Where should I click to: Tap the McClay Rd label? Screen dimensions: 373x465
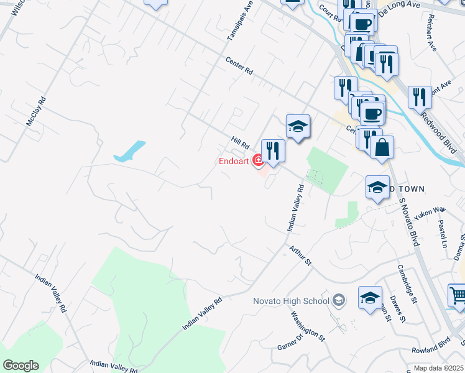pyautogui.click(x=36, y=111)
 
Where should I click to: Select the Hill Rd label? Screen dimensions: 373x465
pyautogui.click(x=240, y=144)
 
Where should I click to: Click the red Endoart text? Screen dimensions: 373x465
pyautogui.click(x=234, y=162)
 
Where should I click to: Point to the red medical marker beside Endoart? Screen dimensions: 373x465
pyautogui.click(x=257, y=162)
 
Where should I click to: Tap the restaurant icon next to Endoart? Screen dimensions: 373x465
pyautogui.click(x=273, y=150)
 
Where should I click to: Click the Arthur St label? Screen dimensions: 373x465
pyautogui.click(x=300, y=256)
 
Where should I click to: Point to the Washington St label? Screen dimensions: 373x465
pyautogui.click(x=308, y=326)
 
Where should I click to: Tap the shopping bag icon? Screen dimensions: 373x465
pyautogui.click(x=382, y=147)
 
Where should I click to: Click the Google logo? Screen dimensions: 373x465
pyautogui.click(x=21, y=365)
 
